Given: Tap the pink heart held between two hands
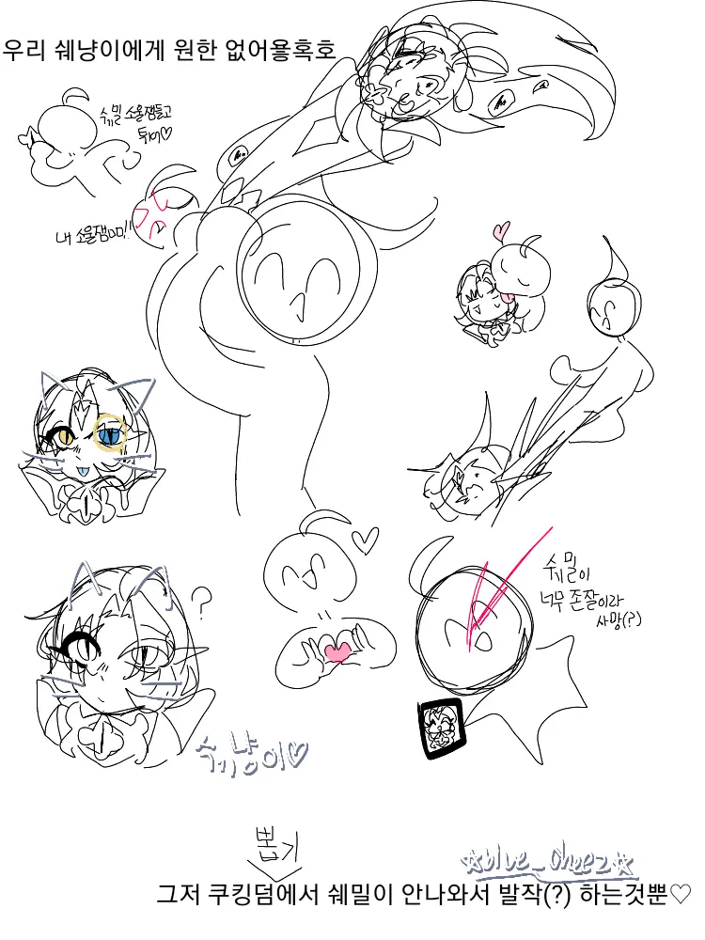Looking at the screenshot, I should tap(336, 649).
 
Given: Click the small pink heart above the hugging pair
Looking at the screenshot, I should tap(501, 228).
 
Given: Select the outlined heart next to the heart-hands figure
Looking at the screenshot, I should tap(365, 540).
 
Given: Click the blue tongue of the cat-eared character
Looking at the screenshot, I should tap(84, 469).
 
